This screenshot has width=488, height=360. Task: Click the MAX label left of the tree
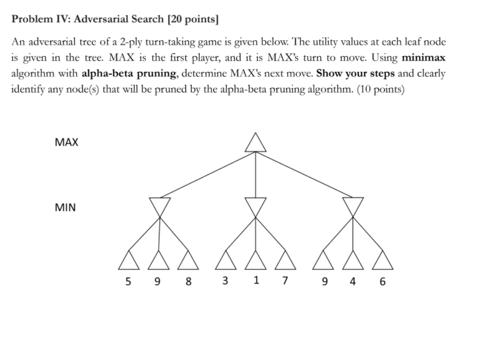[67, 142]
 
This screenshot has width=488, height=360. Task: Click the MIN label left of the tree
[65, 207]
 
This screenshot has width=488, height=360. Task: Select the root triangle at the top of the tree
[255, 142]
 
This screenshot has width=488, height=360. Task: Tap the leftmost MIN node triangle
[160, 205]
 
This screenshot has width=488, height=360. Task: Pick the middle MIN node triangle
[255, 205]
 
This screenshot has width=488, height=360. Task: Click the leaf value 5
[128, 282]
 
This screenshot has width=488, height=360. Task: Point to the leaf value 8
[189, 282]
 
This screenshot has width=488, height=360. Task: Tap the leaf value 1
[255, 281]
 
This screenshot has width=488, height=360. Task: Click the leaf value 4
[353, 282]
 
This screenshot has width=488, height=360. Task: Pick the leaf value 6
[383, 282]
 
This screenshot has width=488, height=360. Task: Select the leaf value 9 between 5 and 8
[158, 282]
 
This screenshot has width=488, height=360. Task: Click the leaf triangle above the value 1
[255, 261]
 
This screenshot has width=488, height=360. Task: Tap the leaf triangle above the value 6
[383, 261]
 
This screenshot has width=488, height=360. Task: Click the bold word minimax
[424, 58]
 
